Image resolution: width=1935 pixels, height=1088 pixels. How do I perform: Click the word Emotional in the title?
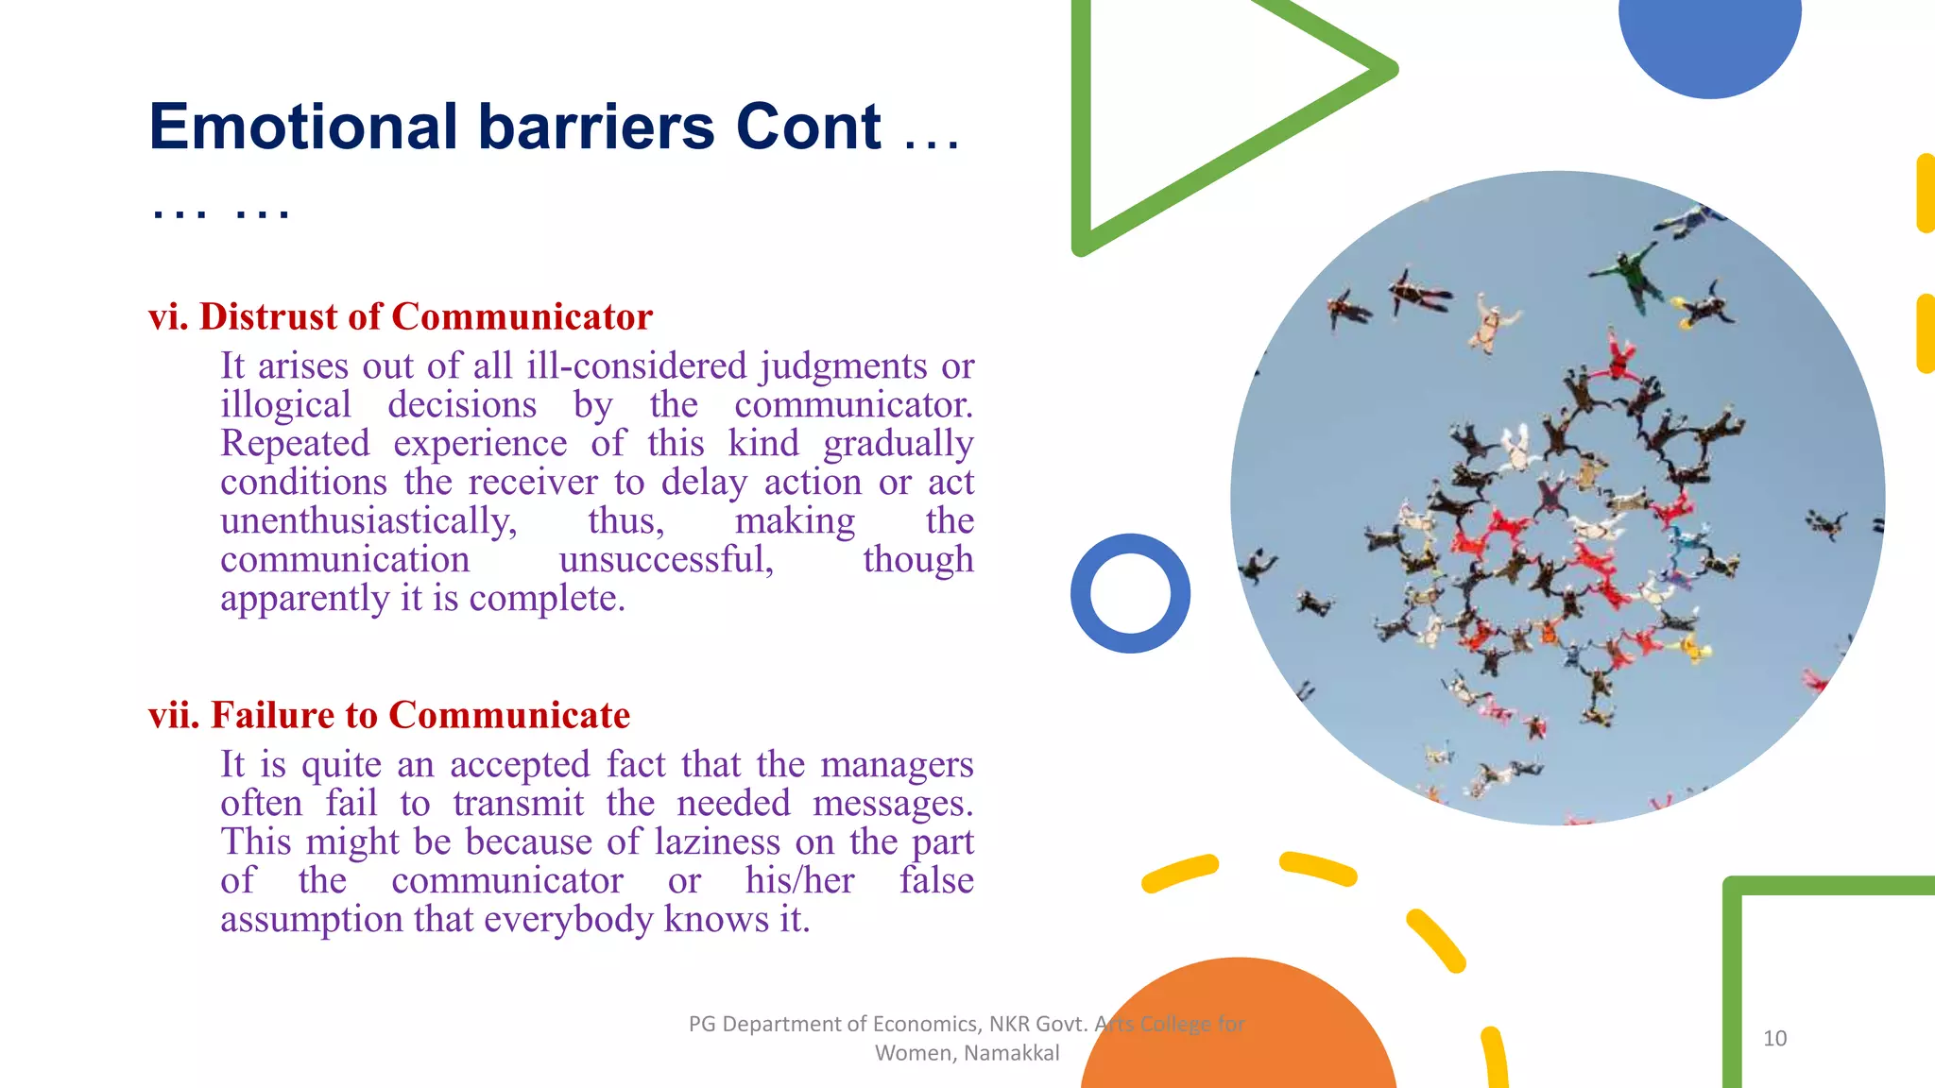(x=303, y=127)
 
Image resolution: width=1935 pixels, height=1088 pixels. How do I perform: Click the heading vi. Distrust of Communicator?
(x=400, y=316)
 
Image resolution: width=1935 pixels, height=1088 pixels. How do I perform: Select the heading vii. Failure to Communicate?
(x=388, y=715)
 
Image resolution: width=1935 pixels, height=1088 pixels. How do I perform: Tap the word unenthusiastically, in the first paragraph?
(x=368, y=521)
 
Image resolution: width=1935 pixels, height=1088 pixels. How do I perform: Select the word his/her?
(x=799, y=881)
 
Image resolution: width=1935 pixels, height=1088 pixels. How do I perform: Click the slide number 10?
(x=1774, y=1039)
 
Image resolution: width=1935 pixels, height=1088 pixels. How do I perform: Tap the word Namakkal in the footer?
(x=1012, y=1053)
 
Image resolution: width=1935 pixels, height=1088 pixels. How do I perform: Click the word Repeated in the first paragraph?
(x=295, y=444)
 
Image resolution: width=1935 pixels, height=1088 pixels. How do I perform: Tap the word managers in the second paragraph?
(x=897, y=765)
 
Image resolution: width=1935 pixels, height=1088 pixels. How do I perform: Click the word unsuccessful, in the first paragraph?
(x=666, y=560)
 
